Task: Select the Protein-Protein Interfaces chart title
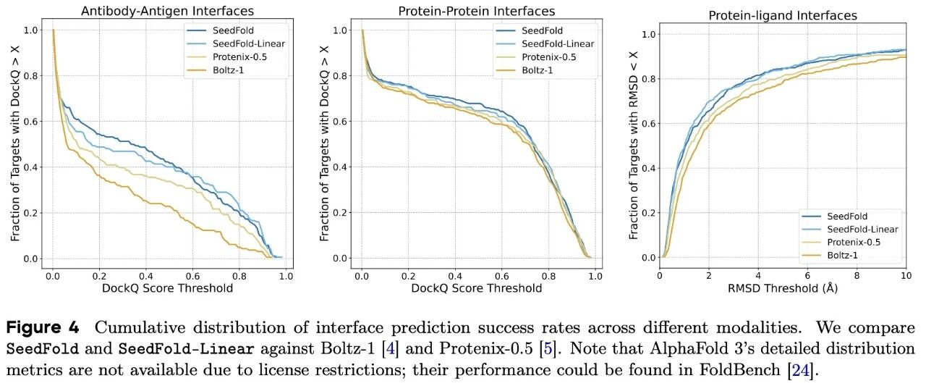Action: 477,12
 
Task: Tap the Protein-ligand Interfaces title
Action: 781,15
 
